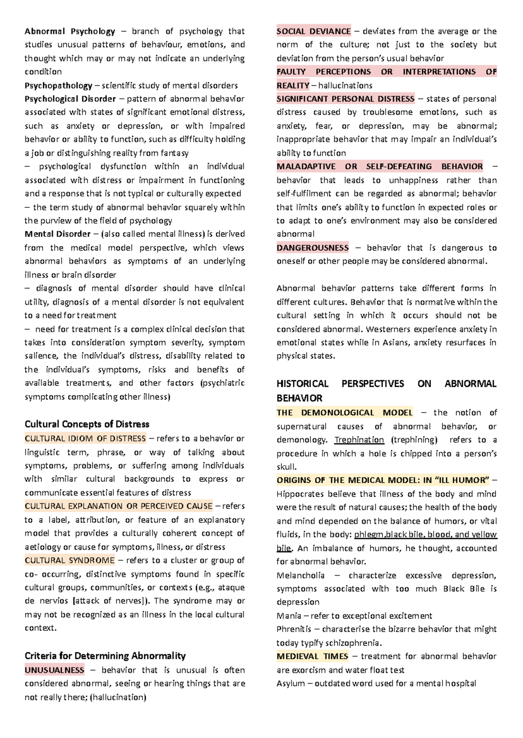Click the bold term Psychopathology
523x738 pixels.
pyautogui.click(x=58, y=85)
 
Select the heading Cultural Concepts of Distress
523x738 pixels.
pyautogui.click(x=87, y=424)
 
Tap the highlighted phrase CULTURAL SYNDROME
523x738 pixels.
pyautogui.click(x=70, y=560)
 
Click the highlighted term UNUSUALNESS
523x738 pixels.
pyautogui.click(x=54, y=670)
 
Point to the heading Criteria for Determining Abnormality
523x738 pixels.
pyautogui.click(x=105, y=656)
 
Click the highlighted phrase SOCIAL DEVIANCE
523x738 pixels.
pyautogui.click(x=313, y=31)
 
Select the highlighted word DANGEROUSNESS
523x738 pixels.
pyautogui.click(x=312, y=248)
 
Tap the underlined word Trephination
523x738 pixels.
pyautogui.click(x=359, y=440)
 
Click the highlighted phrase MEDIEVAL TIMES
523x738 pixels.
pyautogui.click(x=312, y=656)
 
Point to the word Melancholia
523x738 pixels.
pyautogui.click(x=300, y=575)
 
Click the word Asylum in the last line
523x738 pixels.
pyautogui.click(x=290, y=683)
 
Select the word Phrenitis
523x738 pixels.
pyautogui.click(x=294, y=629)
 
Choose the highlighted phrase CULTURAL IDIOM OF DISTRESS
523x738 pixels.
pyautogui.click(x=85, y=438)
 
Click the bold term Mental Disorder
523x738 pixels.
pyautogui.click(x=58, y=234)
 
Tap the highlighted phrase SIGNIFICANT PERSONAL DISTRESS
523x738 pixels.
pyautogui.click(x=345, y=99)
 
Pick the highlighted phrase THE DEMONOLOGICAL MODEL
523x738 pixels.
pyautogui.click(x=344, y=413)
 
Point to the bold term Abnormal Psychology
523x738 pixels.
pyautogui.click(x=70, y=31)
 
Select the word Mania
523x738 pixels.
pyautogui.click(x=289, y=616)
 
